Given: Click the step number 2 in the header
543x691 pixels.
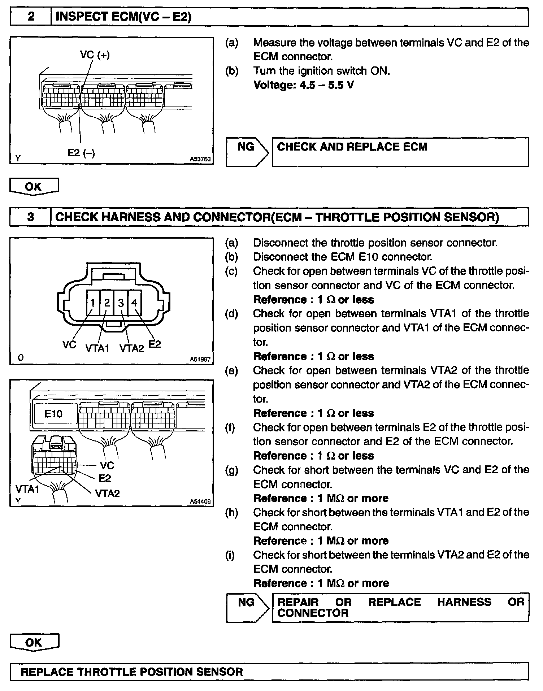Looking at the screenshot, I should [x=31, y=17].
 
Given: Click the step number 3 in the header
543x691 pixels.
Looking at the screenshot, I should [x=31, y=217].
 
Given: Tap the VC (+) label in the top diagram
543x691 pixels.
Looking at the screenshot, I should [x=95, y=55].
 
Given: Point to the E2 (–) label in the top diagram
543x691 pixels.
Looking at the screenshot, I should [x=81, y=153].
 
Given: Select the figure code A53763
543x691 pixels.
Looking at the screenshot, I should [x=200, y=159].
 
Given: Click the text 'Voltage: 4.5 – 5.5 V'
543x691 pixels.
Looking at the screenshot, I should [x=304, y=85].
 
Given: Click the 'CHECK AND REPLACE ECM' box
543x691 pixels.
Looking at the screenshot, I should [x=400, y=152].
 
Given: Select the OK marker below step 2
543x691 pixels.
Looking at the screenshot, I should [x=34, y=187].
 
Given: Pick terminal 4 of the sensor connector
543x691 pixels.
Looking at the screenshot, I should [x=135, y=303].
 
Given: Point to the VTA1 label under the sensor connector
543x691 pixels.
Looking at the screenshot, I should [x=97, y=348].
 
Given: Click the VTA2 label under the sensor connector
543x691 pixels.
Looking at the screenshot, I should [x=131, y=348].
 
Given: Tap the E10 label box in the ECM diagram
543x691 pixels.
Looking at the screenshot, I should [x=54, y=414].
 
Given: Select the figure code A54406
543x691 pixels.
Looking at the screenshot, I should [x=200, y=501].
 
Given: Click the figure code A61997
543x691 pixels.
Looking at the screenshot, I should [x=200, y=360].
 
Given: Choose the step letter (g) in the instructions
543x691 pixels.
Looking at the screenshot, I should [x=231, y=470].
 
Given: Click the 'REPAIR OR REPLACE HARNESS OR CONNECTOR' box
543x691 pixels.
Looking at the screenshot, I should [x=400, y=607].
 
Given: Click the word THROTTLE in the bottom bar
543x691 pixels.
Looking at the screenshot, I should [x=106, y=672].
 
